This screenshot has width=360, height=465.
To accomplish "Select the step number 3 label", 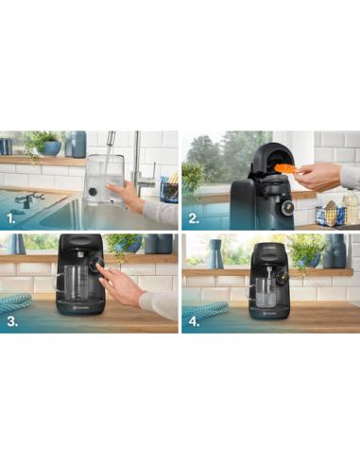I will click(10, 321).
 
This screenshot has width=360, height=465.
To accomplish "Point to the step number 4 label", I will click(193, 321).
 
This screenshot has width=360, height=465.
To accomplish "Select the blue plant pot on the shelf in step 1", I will click(50, 148).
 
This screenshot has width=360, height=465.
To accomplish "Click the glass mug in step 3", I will click(74, 283).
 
